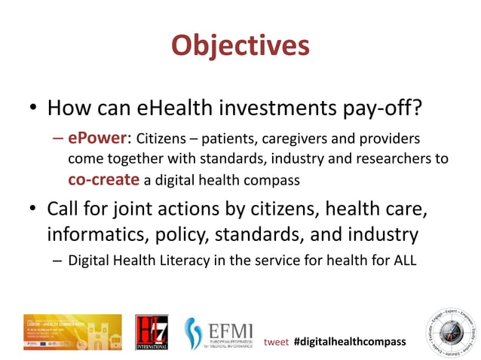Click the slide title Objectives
coord(240,45)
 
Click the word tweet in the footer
coord(276,342)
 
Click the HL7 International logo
coord(152,332)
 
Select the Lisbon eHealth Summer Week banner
coord(72,332)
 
